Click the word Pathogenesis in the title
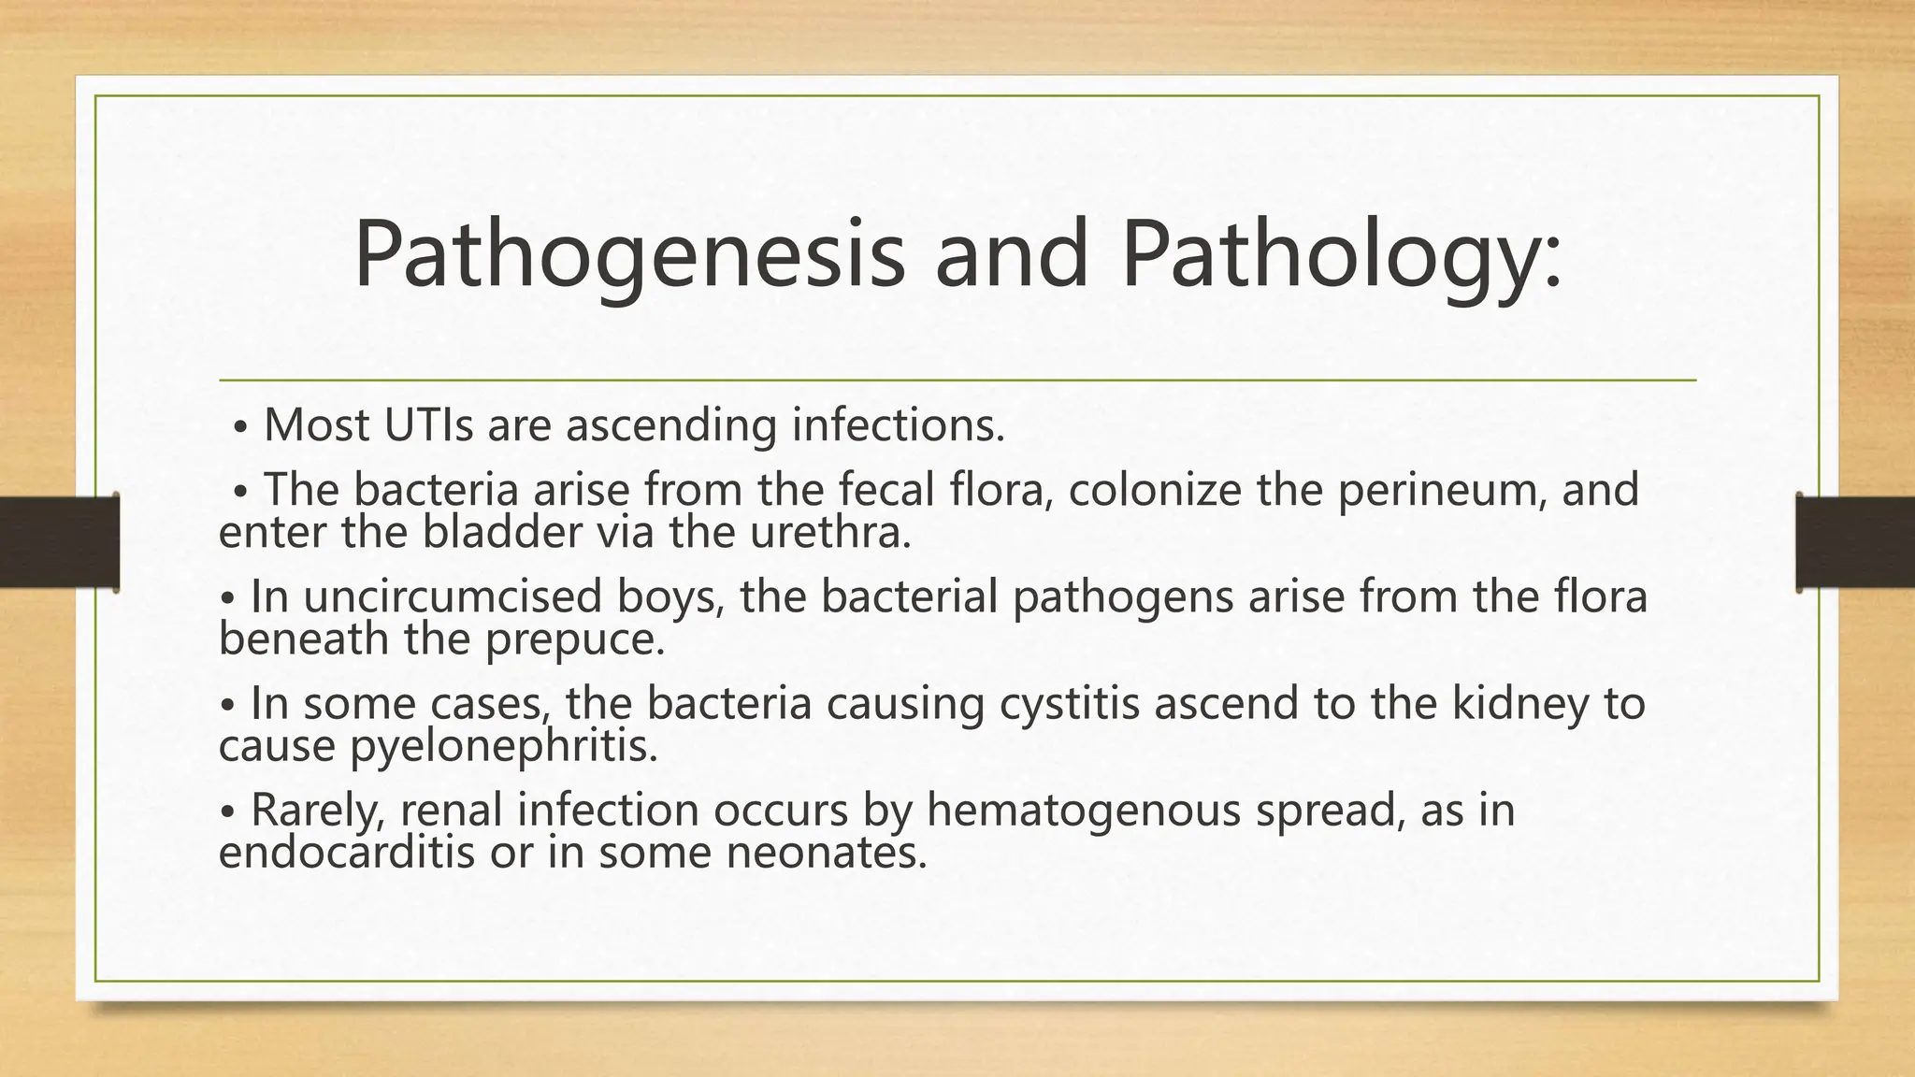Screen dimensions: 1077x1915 629,255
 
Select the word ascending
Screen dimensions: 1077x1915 671,425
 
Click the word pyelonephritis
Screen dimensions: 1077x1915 505,746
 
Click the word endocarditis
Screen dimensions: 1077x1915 346,853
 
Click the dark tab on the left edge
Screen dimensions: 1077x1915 59,542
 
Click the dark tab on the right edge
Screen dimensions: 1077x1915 1855,542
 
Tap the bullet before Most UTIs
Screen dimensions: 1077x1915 240,427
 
